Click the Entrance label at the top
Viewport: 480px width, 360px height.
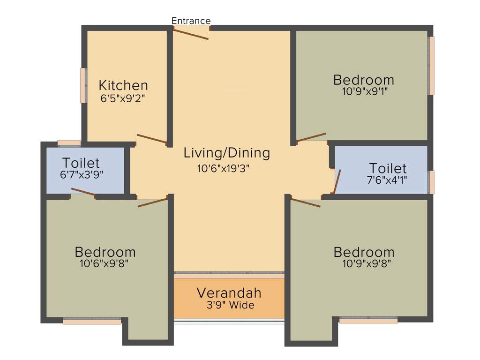191,21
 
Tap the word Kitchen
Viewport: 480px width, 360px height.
123,85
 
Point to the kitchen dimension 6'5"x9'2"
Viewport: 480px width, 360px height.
123,98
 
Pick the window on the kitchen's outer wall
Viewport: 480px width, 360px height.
83,85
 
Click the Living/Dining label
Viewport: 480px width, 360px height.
227,153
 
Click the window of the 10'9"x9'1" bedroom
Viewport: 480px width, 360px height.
431,66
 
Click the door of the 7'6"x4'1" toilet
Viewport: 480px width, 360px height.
337,182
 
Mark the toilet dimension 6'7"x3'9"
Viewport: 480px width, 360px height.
82,174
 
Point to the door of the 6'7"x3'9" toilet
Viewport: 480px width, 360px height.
83,192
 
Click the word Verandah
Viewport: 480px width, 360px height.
229,293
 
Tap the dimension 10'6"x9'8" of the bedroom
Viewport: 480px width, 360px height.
104,263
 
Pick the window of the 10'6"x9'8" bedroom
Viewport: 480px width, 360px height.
92,321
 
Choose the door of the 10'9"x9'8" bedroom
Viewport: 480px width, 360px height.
306,202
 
